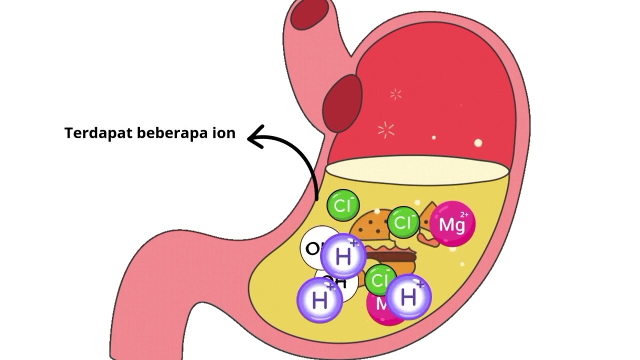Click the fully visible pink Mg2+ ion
click(x=452, y=224)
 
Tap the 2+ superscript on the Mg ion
click(x=464, y=215)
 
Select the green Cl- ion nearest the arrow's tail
click(x=343, y=205)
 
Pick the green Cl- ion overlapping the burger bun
click(x=403, y=222)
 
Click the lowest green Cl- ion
click(x=380, y=280)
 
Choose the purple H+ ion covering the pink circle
click(x=408, y=297)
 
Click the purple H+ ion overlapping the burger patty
click(x=343, y=256)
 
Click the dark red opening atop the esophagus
click(x=309, y=14)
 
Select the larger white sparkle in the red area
click(x=386, y=130)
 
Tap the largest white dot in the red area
click(x=478, y=143)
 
